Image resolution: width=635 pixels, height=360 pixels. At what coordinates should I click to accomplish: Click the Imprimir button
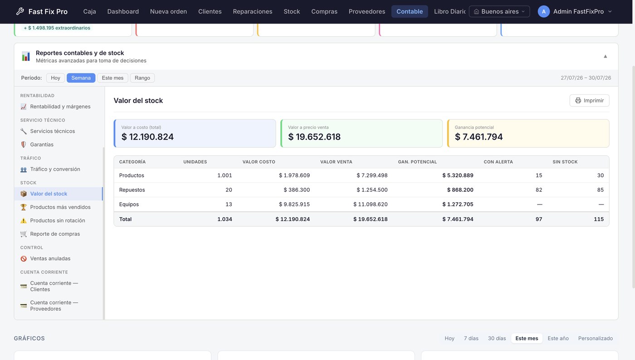coord(589,100)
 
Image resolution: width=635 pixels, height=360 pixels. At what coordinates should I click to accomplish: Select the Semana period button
coord(81,78)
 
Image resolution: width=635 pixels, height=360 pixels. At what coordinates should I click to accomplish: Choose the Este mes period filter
coord(112,78)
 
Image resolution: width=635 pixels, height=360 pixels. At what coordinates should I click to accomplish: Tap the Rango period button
coord(142,78)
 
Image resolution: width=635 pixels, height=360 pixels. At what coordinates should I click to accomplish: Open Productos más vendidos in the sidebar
coord(60,207)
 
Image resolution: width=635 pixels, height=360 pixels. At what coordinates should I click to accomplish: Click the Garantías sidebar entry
coord(42,144)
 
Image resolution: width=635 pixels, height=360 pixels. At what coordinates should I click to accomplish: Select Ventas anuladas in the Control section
coord(50,258)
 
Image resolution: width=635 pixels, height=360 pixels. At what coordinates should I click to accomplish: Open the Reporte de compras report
coord(55,234)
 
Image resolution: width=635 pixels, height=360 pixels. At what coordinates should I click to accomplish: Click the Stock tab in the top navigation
coord(292,11)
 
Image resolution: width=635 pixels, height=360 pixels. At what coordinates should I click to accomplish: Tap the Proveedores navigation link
coord(367,11)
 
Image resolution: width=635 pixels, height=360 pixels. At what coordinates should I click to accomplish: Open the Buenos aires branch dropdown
coord(499,11)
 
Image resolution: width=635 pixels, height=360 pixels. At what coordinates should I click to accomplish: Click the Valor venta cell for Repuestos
coord(372,190)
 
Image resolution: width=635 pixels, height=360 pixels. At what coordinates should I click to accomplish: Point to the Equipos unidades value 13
coord(229,204)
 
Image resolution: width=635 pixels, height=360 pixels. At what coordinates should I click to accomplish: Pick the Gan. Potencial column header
coord(417,161)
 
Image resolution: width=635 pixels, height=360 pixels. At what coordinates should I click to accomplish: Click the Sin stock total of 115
coord(599,219)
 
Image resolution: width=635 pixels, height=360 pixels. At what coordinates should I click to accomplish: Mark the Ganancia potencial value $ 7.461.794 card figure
coord(479,136)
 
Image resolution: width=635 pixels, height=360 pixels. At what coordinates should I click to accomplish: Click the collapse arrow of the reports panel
coord(605,56)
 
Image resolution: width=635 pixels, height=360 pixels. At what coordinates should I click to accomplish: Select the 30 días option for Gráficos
coord(497,338)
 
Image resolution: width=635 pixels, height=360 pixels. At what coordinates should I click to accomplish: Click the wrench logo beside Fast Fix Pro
coord(20,11)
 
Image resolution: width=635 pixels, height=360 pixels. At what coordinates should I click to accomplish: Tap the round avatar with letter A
coord(543,11)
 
